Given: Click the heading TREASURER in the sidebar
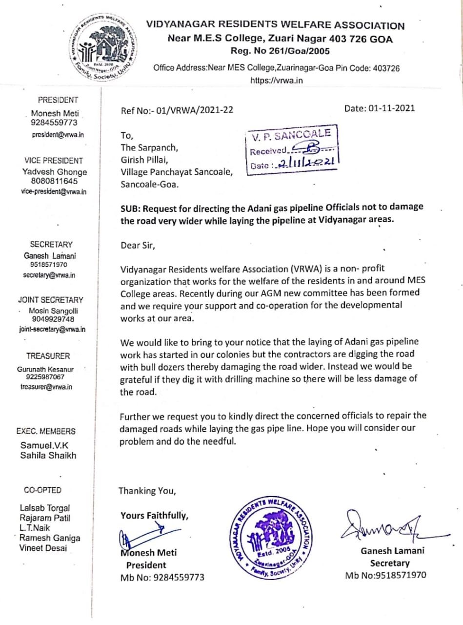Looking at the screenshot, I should (48, 356).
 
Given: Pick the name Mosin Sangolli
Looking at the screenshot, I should (53, 311).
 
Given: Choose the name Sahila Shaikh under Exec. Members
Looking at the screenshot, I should (48, 455).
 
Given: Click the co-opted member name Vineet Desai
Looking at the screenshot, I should (44, 548).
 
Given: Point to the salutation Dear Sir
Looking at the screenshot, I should (138, 245).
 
